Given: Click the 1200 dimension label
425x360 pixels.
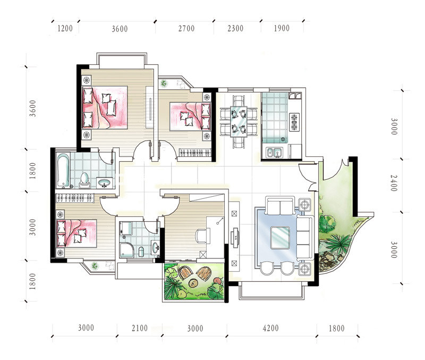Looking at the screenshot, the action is tap(65, 29).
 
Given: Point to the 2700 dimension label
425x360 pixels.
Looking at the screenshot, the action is tap(186, 29).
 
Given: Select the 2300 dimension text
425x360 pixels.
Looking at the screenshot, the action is tap(235, 28).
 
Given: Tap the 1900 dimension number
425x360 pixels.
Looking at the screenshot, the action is tap(282, 28).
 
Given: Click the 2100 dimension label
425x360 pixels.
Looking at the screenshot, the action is tap(140, 328).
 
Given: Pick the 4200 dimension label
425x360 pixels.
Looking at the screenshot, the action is tap(270, 328).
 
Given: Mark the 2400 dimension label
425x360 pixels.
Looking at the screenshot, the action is tap(394, 183).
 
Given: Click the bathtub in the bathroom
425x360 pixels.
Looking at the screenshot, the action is tap(63, 170).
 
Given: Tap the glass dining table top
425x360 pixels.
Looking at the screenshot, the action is tap(239, 121).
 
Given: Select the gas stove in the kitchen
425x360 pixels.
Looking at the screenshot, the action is tap(294, 122).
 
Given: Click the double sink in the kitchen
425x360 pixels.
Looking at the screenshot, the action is tap(274, 153).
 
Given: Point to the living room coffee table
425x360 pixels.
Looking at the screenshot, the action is tap(280, 238).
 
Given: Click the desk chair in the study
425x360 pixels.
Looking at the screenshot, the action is tap(201, 236).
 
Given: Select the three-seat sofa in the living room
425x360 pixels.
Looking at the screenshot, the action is tap(304, 237).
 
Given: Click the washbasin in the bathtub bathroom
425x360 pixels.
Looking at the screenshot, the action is tap(104, 183).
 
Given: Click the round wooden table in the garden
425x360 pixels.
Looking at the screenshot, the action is tap(193, 283).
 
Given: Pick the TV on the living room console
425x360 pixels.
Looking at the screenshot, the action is tap(235, 238).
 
